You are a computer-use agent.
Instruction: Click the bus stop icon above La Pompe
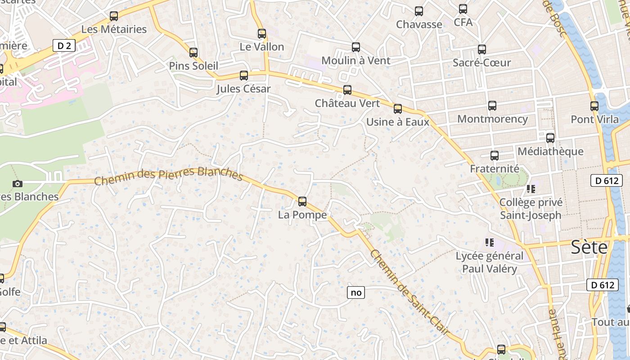pos(302,201)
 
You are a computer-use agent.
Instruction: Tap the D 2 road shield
pos(64,45)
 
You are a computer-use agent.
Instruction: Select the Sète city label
pos(589,247)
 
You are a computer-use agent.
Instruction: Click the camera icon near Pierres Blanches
pos(18,184)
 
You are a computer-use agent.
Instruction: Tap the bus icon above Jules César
pos(244,76)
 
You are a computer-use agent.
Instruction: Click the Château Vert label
pos(347,103)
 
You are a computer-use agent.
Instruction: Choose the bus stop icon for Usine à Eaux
pos(398,108)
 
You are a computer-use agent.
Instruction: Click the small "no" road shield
pos(356,292)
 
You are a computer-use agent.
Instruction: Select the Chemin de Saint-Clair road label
pos(409,292)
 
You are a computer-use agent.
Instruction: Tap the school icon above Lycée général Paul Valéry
pos(490,243)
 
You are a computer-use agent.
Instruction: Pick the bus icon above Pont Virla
pos(594,106)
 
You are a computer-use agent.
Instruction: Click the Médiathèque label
pos(550,151)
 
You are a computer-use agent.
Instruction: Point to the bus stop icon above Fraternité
pos(495,156)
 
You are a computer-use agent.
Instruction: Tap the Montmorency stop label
pos(492,119)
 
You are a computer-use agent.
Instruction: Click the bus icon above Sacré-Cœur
pos(482,49)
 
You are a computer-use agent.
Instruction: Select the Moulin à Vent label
pos(355,60)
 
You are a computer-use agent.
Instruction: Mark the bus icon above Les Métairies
pos(114,16)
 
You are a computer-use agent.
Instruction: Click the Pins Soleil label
pos(193,66)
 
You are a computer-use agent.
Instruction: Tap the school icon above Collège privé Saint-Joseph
pos(531,189)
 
